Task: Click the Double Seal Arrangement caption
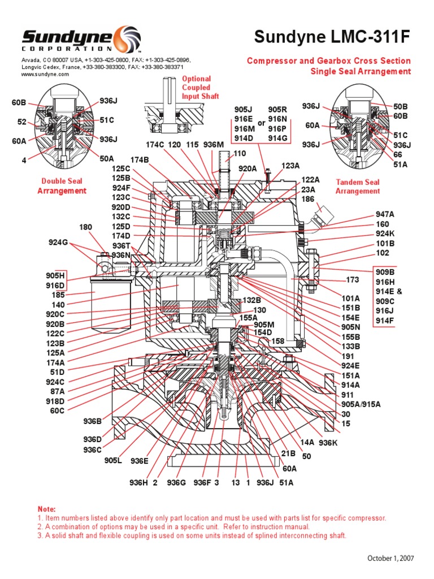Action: [x=62, y=186]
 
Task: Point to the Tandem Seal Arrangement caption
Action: [x=358, y=187]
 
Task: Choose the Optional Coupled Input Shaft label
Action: [x=196, y=88]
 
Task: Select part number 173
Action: [x=352, y=280]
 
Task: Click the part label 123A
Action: [x=290, y=166]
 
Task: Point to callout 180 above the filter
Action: [x=85, y=227]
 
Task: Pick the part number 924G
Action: [x=58, y=243]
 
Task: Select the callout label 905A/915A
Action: [x=361, y=404]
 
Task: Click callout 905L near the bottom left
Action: [x=113, y=460]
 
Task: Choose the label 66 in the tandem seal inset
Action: [x=397, y=154]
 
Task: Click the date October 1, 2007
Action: [x=390, y=558]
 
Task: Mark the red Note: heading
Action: [x=47, y=509]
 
